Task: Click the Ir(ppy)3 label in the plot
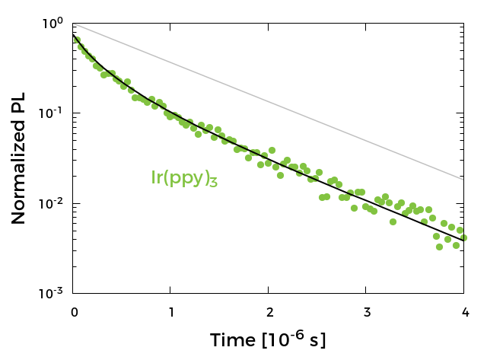coord(184,179)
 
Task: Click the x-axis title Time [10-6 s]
coord(268,340)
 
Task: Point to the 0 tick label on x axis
coord(74,311)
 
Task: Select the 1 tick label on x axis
coord(171,311)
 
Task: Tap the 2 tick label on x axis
coord(269,311)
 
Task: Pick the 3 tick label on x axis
coord(366,311)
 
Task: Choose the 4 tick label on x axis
coord(463,311)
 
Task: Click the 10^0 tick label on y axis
coord(53,23)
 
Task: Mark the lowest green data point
coord(439,247)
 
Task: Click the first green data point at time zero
coord(76,40)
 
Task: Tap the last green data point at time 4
coord(463,237)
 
